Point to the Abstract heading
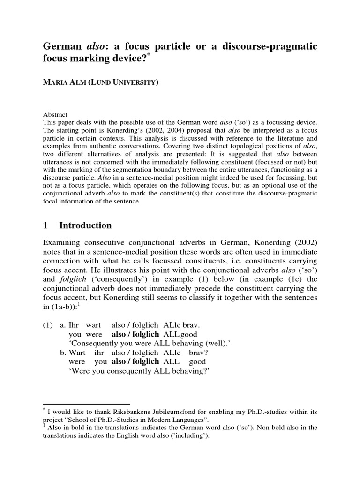coord(55,114)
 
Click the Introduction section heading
coord(85,225)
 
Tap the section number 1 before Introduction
coord(45,225)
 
